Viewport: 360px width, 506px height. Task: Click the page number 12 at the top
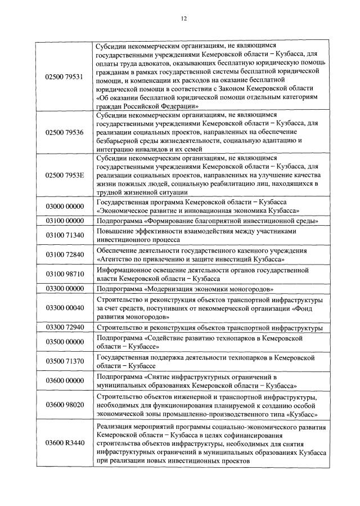point(183,18)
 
